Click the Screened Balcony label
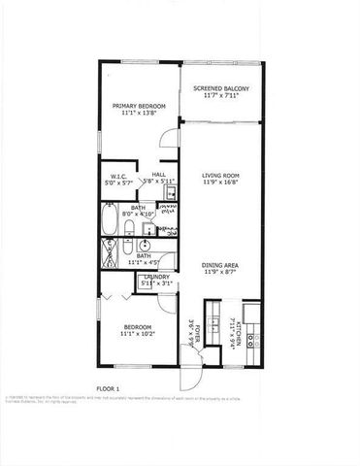tap(221, 88)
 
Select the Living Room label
tap(221, 175)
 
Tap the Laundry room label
tap(156, 277)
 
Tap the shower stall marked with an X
tap(108, 250)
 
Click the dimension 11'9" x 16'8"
tap(221, 183)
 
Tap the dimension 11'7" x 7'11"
tap(221, 96)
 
